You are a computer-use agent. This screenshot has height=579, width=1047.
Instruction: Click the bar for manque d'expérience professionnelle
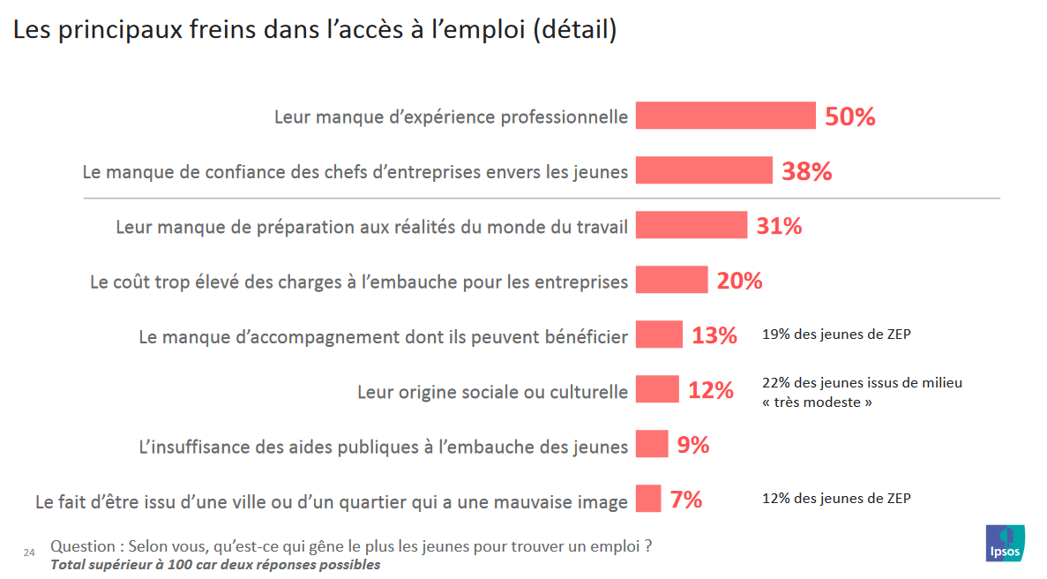point(725,116)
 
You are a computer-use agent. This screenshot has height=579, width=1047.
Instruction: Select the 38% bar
point(704,170)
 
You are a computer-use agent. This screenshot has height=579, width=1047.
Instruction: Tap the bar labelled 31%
point(691,225)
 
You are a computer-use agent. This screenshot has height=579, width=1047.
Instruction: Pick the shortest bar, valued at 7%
point(647,499)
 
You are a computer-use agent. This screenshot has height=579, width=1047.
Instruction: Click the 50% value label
point(849,117)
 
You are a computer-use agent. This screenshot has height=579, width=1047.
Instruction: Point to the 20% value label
point(739,281)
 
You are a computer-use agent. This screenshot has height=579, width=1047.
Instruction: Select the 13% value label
point(714,335)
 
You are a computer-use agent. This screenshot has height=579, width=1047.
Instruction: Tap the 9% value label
point(692,445)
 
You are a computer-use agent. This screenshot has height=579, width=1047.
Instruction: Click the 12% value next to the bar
point(710,390)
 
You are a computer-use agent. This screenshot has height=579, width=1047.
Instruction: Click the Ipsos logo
point(1005,542)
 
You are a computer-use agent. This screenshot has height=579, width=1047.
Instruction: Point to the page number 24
point(28,553)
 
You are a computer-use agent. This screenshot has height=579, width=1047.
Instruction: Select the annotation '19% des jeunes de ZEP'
point(835,335)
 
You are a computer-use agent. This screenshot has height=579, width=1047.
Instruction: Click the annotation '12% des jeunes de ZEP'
point(835,499)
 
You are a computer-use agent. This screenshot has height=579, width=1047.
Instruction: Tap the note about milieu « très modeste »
point(861,392)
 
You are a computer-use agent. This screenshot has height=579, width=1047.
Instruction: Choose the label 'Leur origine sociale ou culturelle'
point(492,391)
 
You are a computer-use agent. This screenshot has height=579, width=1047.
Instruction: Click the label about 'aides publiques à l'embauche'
point(384,446)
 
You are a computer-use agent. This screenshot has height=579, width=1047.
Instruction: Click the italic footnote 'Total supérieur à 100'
point(214,565)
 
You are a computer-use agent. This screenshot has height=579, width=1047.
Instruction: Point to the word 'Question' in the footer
point(82,546)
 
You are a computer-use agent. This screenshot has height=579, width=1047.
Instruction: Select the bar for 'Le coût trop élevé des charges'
point(671,280)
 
